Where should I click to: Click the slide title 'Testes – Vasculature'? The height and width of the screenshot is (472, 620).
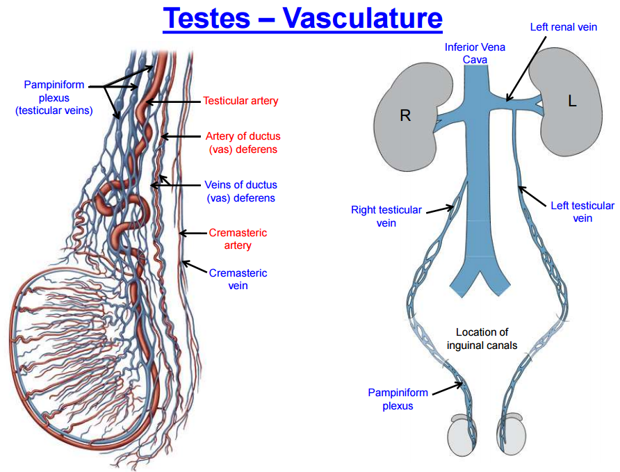pyautogui.click(x=302, y=18)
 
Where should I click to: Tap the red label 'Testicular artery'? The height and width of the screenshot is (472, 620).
pyautogui.click(x=240, y=101)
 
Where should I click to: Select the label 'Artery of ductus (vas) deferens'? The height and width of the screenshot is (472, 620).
pyautogui.click(x=243, y=143)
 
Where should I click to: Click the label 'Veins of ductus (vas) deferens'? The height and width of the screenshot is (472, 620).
pyautogui.click(x=240, y=191)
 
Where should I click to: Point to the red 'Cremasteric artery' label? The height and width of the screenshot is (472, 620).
pyautogui.click(x=238, y=238)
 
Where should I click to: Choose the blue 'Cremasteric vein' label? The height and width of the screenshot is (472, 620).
pyautogui.click(x=238, y=279)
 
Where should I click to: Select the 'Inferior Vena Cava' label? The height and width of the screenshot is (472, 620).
pyautogui.click(x=475, y=53)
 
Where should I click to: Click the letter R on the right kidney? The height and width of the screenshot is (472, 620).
pyautogui.click(x=405, y=115)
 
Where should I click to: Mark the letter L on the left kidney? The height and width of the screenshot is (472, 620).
pyautogui.click(x=571, y=101)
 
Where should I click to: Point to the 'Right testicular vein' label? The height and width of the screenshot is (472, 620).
pyautogui.click(x=386, y=216)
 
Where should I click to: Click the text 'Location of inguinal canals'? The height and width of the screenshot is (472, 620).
pyautogui.click(x=482, y=339)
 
